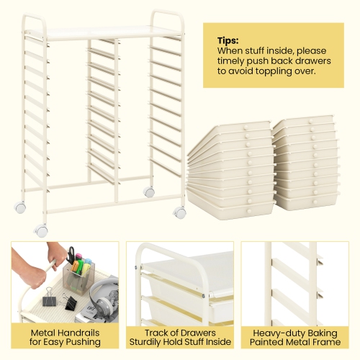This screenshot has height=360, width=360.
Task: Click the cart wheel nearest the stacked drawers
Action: pyautogui.click(x=180, y=212)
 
